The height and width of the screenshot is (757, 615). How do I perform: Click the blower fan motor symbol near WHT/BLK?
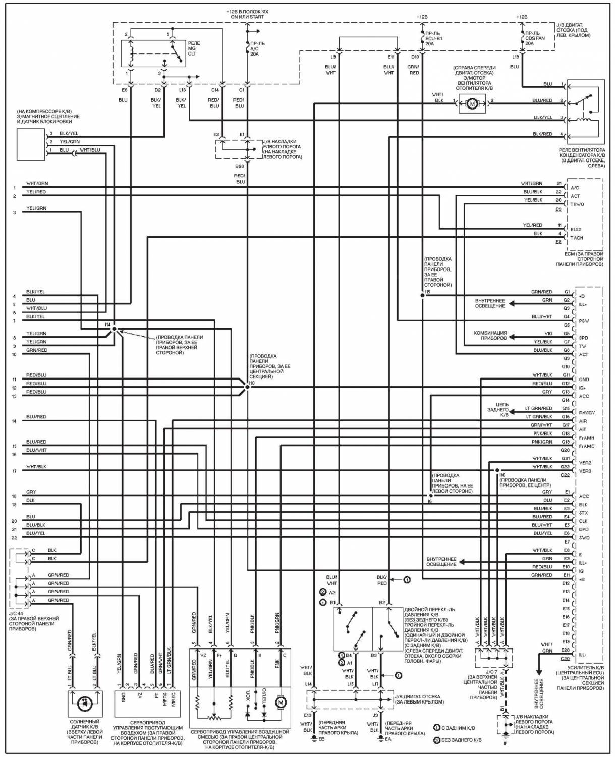click(472, 104)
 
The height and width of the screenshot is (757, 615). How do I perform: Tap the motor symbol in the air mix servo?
click(281, 702)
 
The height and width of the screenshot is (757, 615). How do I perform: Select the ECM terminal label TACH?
click(577, 238)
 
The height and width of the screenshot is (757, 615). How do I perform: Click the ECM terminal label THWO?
click(577, 204)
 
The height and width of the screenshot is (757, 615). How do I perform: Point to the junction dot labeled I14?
click(114, 329)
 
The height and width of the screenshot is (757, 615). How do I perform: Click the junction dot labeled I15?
click(422, 295)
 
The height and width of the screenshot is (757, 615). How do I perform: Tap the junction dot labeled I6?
click(431, 496)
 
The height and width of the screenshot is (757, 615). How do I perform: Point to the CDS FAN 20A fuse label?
click(534, 38)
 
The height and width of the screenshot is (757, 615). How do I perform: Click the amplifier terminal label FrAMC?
click(587, 446)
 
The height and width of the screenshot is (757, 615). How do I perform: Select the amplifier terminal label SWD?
click(584, 537)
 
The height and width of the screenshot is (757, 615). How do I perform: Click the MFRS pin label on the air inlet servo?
click(165, 699)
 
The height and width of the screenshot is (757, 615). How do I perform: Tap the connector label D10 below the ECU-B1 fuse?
click(415, 57)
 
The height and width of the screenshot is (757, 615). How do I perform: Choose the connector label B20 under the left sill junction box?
click(240, 166)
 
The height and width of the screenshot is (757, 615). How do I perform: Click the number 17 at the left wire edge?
click(15, 471)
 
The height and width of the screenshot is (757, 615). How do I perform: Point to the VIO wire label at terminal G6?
click(548, 334)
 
